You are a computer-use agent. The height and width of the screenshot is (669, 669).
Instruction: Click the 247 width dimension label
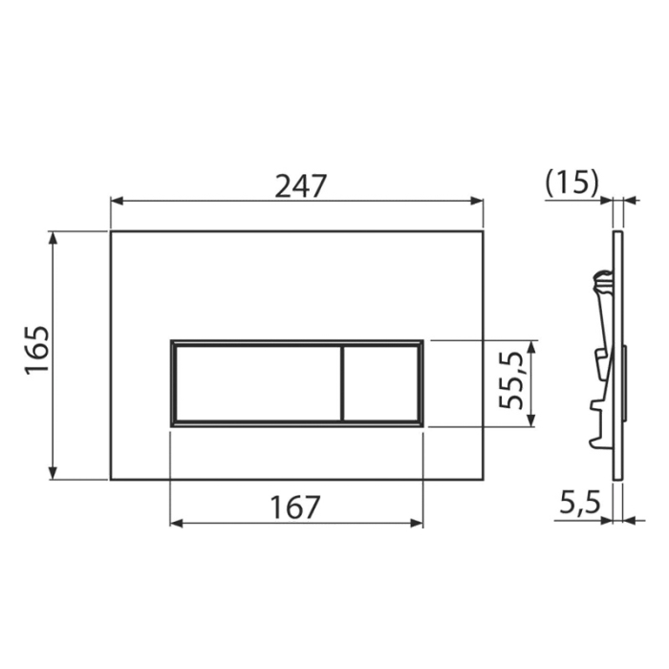coord(301,184)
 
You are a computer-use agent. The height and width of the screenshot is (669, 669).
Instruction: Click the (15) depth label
coord(571,182)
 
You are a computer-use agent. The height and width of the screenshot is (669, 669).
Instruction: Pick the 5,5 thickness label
coord(580,502)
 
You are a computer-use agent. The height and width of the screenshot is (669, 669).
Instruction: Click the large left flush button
coord(255,382)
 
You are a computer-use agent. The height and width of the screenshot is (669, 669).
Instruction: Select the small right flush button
coord(381,382)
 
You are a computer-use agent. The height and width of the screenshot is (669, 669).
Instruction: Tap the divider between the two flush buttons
coord(340,382)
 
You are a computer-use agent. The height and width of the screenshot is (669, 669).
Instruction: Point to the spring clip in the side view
coord(601,282)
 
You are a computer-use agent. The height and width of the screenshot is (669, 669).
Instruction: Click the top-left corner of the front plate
coord(111,231)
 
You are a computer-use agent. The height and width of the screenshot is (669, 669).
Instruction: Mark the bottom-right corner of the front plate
coord(483,479)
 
